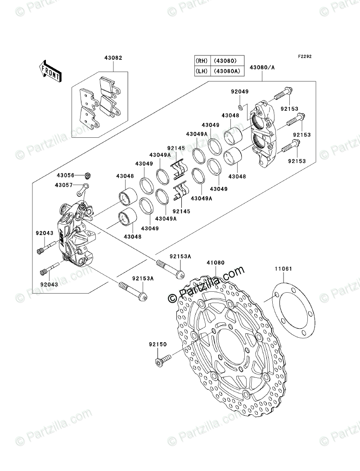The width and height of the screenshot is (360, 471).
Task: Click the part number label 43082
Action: (x=112, y=59)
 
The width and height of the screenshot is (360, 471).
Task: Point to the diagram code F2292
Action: (x=304, y=57)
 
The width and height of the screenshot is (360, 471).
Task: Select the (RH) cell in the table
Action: (x=201, y=61)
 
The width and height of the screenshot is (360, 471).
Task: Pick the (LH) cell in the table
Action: (x=201, y=71)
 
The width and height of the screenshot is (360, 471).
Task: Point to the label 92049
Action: (x=240, y=92)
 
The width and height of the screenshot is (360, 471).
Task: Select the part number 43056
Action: (x=66, y=175)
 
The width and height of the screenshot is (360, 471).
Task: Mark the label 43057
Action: (x=66, y=185)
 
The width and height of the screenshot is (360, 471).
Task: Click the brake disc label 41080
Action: (x=216, y=263)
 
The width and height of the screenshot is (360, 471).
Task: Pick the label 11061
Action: (x=283, y=269)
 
